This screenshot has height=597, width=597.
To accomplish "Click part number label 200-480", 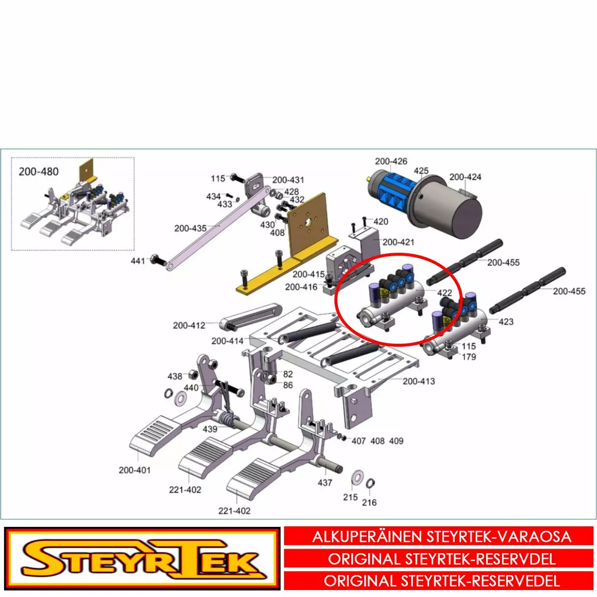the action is point(38,171).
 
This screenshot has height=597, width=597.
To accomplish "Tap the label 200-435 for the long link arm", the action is point(190,228).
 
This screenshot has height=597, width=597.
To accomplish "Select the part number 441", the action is point(138,261).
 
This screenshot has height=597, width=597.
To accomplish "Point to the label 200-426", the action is point(391,161).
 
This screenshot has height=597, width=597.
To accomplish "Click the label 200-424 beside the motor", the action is point(465,177).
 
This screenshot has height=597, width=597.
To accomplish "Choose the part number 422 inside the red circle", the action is point(445,293).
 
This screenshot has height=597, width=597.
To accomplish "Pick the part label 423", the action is point(506,321).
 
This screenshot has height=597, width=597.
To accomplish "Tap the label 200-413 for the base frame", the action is point(419,381).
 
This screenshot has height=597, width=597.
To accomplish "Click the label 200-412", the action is point(189,325).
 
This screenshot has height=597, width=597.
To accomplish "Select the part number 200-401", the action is point(134,470).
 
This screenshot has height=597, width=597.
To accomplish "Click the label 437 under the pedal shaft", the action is point(325,483).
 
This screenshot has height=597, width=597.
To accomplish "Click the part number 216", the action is point(369,502).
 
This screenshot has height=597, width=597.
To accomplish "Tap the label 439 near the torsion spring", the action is point(210,429).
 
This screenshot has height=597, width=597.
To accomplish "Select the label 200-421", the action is point(398,242).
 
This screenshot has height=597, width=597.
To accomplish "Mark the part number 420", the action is point(381,221).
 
